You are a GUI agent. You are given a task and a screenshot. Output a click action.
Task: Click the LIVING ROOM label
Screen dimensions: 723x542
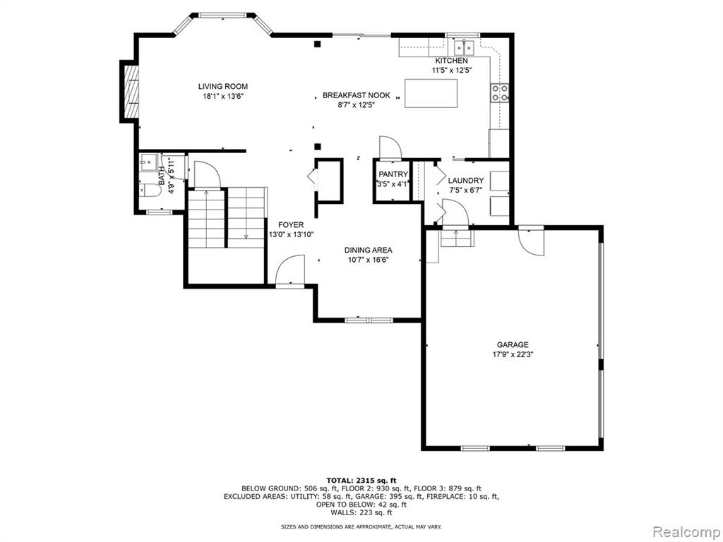222,86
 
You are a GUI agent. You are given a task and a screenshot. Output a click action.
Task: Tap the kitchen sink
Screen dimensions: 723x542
464,47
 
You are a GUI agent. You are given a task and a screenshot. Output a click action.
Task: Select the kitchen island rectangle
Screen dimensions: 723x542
431,94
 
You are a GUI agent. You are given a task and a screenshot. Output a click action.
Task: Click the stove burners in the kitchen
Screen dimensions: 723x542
500,92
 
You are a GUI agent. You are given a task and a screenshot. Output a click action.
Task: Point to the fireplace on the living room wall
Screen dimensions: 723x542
130,91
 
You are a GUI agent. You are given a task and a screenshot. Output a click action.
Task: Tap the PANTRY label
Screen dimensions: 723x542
393,174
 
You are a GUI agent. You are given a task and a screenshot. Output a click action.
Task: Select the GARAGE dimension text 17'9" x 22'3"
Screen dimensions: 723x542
513,355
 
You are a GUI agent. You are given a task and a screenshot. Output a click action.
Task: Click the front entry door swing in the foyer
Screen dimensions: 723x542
290,270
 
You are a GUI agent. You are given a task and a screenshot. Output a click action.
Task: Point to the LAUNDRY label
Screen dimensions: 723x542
466,181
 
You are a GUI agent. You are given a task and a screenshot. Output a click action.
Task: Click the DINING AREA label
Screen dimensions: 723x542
368,251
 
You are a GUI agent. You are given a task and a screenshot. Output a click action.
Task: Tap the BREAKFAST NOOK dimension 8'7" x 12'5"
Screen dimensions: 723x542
356,105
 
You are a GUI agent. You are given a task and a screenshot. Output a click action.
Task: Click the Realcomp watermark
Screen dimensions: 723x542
686,531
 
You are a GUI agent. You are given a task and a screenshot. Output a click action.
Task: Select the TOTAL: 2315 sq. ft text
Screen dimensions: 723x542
361,480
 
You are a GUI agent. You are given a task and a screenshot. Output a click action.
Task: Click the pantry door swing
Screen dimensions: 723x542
390,147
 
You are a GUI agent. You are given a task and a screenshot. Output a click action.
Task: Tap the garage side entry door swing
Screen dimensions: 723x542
531,241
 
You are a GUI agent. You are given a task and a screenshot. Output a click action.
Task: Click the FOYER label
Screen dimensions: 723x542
291,225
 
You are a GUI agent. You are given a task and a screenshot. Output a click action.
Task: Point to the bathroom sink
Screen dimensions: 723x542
148,162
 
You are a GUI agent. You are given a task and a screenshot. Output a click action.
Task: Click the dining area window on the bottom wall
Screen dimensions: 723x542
369,320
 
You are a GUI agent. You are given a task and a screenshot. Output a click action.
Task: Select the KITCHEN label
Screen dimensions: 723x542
452,61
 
